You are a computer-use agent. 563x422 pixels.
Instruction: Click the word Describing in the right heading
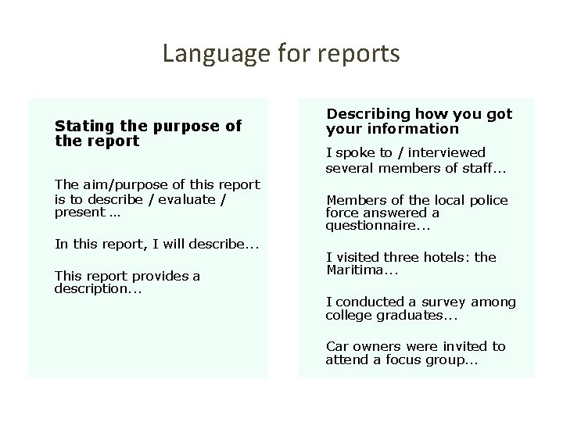pos(368,114)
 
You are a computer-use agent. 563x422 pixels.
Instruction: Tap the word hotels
pos(446,257)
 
